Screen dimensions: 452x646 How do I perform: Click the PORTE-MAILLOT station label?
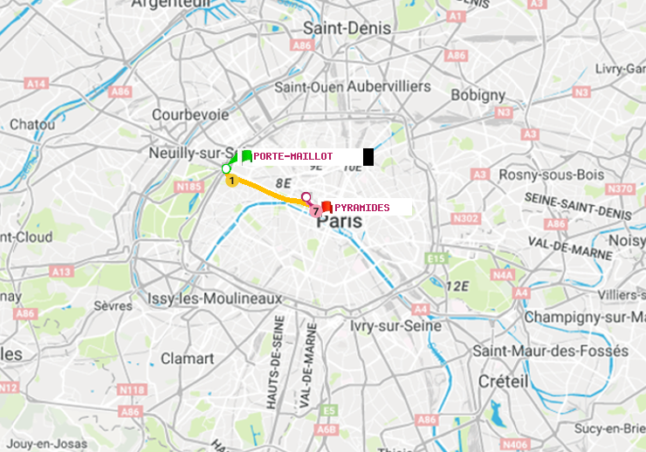tap(292, 156)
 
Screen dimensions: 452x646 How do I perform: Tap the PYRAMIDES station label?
tap(361, 208)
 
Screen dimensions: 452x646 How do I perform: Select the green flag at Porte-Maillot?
tap(246, 156)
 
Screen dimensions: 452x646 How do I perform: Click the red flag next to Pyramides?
tap(326, 207)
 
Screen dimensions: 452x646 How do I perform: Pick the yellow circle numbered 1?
tap(231, 181)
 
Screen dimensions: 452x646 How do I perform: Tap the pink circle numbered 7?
tap(314, 211)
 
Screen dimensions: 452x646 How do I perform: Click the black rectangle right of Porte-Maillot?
tap(368, 157)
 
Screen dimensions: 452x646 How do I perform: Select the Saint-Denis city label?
tap(347, 29)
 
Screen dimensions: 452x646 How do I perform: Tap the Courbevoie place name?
tap(190, 114)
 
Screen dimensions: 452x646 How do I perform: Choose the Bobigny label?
tap(478, 94)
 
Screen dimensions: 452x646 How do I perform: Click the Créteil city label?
tap(503, 382)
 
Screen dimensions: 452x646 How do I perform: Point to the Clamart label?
tap(187, 359)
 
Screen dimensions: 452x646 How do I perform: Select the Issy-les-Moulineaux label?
tap(215, 298)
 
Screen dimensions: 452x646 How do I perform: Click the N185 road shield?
tap(189, 186)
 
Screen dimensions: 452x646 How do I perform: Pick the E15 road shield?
tap(436, 258)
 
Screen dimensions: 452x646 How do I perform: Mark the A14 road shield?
tap(36, 83)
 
